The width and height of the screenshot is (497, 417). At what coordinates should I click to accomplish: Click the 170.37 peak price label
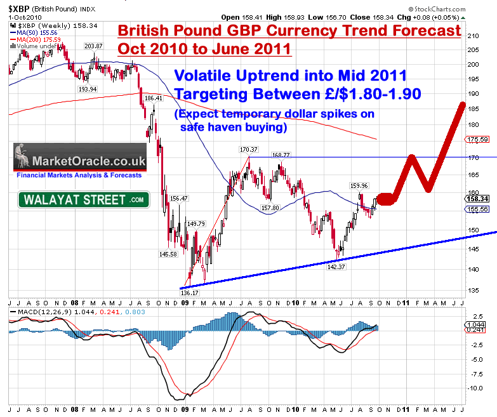248,149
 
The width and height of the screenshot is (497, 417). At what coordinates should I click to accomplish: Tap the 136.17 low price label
190,293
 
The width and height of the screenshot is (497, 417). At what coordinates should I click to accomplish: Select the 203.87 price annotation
93,46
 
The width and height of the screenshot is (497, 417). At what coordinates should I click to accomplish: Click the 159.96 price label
360,186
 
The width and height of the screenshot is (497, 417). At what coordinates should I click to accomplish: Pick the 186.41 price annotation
154,98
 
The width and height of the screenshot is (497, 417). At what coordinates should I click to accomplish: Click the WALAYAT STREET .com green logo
85,199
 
